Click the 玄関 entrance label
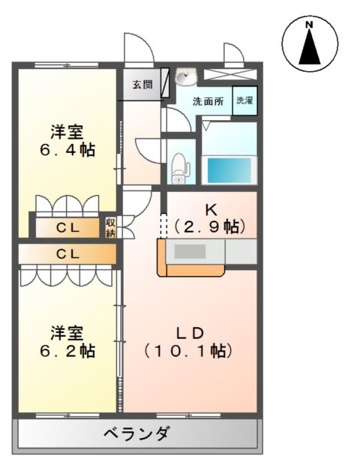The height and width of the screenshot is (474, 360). tap(142, 84)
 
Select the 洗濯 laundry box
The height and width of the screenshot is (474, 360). tap(244, 101)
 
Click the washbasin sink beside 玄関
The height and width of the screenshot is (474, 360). tap(185, 77)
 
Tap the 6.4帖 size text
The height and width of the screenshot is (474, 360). tap(67, 149)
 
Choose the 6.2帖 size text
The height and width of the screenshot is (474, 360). tap(67, 350)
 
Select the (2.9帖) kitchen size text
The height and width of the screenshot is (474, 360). tap(211, 225)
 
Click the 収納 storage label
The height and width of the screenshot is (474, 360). tap(110, 228)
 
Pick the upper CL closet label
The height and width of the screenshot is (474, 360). tap(67, 228)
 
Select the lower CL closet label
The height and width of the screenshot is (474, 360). tap(67, 253)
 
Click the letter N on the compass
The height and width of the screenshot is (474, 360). tap(308, 25)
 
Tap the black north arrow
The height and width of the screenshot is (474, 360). tap(308, 49)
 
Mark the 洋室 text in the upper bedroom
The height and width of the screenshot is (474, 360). tap(67, 131)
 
